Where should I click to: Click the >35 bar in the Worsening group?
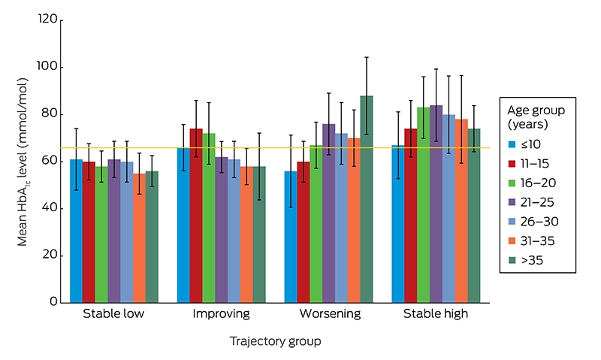click(x=367, y=199)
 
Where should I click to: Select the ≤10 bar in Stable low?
click(x=77, y=231)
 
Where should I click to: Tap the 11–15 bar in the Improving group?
click(x=196, y=216)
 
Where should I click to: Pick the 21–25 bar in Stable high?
click(x=436, y=204)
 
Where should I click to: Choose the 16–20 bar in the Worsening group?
click(x=316, y=224)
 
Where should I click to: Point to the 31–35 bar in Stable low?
click(x=140, y=238)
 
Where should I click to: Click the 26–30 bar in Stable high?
click(x=448, y=209)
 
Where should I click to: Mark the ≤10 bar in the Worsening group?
click(x=291, y=237)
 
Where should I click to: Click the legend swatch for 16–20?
click(x=512, y=183)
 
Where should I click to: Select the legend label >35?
click(x=532, y=260)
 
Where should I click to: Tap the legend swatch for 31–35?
click(x=512, y=241)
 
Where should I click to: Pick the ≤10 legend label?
click(x=531, y=144)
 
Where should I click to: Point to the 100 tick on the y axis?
click(x=60, y=68)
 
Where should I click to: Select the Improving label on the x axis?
click(x=221, y=313)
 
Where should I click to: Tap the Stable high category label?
click(x=436, y=313)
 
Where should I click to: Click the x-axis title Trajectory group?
click(x=275, y=340)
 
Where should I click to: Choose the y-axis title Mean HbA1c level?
click(x=23, y=162)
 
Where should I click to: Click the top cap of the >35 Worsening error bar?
click(x=367, y=57)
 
